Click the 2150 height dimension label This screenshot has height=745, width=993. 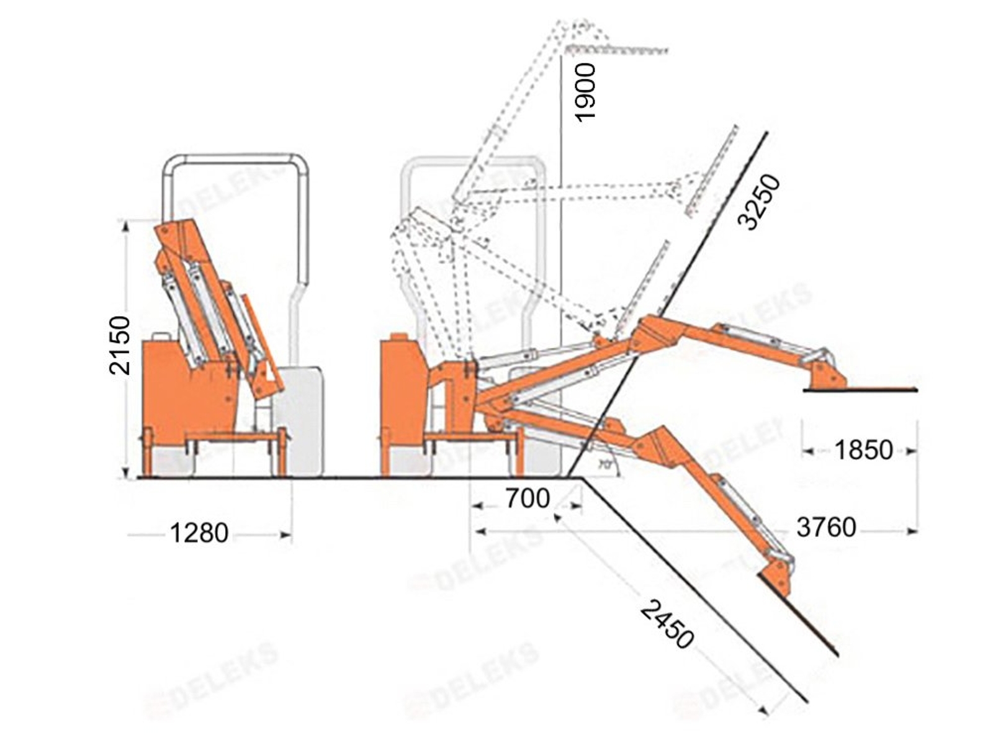(120, 345)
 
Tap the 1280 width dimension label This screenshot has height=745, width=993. (199, 533)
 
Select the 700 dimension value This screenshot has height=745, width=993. (527, 499)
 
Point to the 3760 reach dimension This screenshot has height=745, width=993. (826, 528)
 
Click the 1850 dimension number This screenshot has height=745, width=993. (863, 450)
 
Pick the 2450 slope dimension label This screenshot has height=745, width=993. (667, 624)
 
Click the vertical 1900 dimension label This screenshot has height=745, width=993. (585, 92)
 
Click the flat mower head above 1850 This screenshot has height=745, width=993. (860, 389)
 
